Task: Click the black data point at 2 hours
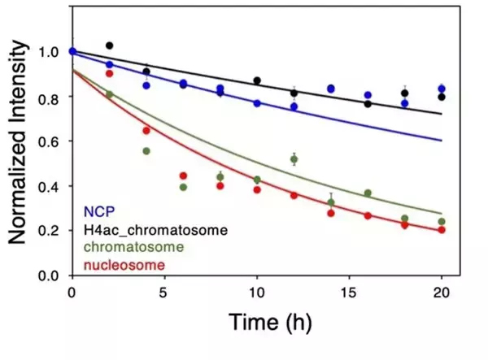click(x=110, y=46)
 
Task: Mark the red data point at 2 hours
click(x=110, y=74)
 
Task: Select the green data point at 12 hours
click(x=294, y=159)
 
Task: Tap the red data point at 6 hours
click(x=183, y=176)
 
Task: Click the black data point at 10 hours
click(x=257, y=80)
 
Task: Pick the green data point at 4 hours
click(x=146, y=151)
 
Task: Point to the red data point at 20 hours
click(x=441, y=230)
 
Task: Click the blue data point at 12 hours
click(x=294, y=106)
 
